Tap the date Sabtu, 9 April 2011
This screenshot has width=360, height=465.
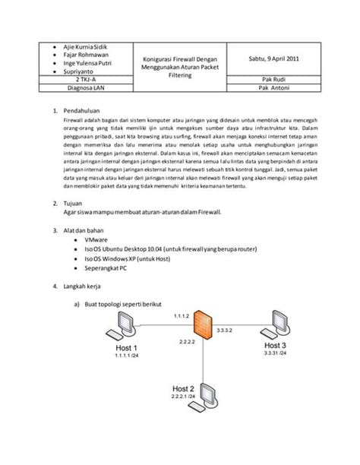tap(273, 59)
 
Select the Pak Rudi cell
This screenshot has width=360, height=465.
tap(273, 78)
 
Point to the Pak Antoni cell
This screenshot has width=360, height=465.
tap(273, 87)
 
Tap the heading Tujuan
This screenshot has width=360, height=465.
tap(79, 204)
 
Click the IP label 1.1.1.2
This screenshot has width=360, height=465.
tap(180, 315)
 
